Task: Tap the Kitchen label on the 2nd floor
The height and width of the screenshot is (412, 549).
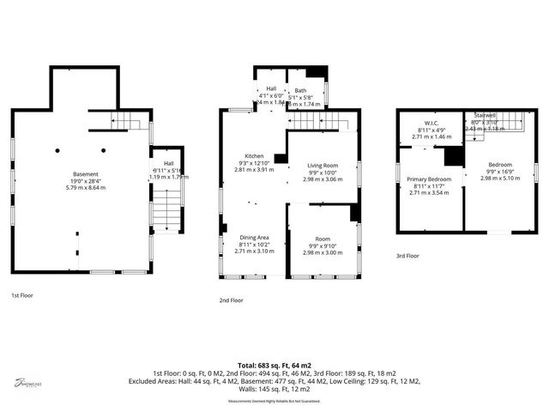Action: pos(254,156)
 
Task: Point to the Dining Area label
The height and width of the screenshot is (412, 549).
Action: pos(254,237)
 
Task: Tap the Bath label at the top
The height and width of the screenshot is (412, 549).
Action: pos(300,90)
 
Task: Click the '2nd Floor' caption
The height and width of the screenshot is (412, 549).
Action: pos(232,300)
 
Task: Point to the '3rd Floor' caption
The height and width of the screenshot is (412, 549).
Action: pos(407,256)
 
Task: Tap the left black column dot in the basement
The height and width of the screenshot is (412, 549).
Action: pos(57,149)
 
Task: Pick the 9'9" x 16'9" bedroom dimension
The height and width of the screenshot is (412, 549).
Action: pos(500,172)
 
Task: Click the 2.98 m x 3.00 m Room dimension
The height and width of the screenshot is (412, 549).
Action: pos(322,244)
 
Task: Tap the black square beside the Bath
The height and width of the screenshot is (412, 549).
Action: pos(317,73)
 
